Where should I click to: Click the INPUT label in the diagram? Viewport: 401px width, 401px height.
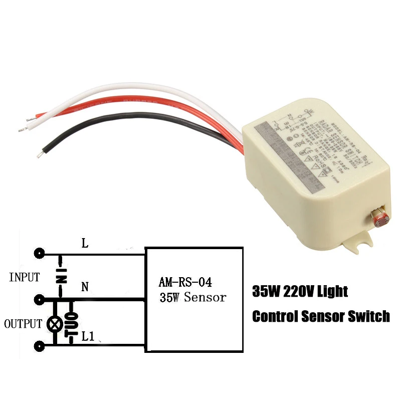coord(25,277)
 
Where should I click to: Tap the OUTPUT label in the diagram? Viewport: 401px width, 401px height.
coord(23,324)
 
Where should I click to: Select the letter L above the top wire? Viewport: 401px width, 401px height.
coord(85,244)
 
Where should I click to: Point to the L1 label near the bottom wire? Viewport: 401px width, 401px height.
coord(88,337)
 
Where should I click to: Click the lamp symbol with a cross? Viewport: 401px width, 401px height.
coord(54,324)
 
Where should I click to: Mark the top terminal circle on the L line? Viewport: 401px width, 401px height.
coord(39,253)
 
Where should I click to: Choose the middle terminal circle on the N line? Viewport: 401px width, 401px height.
coord(39,300)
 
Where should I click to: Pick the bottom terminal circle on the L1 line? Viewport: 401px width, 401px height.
coord(39,346)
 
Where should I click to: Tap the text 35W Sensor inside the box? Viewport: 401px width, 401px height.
coord(193,297)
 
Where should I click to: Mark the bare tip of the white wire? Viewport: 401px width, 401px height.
coord(22,130)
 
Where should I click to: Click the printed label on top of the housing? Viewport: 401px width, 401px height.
coord(301,143)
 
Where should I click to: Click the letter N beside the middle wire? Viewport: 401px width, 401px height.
coord(85,287)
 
